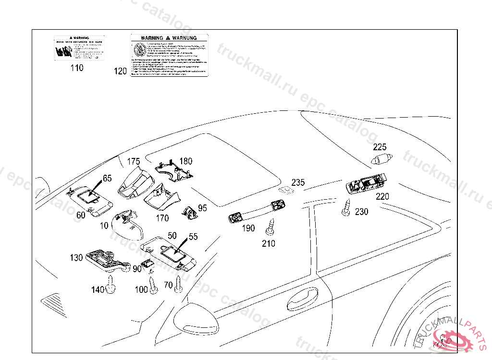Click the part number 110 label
click(76, 68)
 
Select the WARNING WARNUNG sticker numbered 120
click(170, 55)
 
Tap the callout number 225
click(380, 147)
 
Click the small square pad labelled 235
click(286, 191)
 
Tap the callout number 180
click(185, 161)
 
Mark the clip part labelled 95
click(189, 212)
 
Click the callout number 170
click(162, 218)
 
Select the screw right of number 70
click(178, 283)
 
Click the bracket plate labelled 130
click(107, 259)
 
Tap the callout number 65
click(107, 178)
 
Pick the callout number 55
click(193, 236)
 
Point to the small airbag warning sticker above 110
click(79, 48)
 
